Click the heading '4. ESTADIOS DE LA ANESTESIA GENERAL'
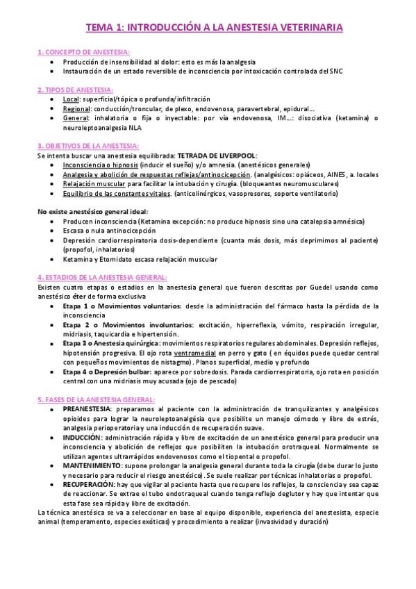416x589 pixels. coord(99,275)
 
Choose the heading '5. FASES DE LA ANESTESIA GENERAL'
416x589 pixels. coord(95,399)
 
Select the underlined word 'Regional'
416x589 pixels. coord(76,108)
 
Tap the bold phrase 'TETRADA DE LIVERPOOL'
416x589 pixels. coord(217,155)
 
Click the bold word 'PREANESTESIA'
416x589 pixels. coord(88,409)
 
